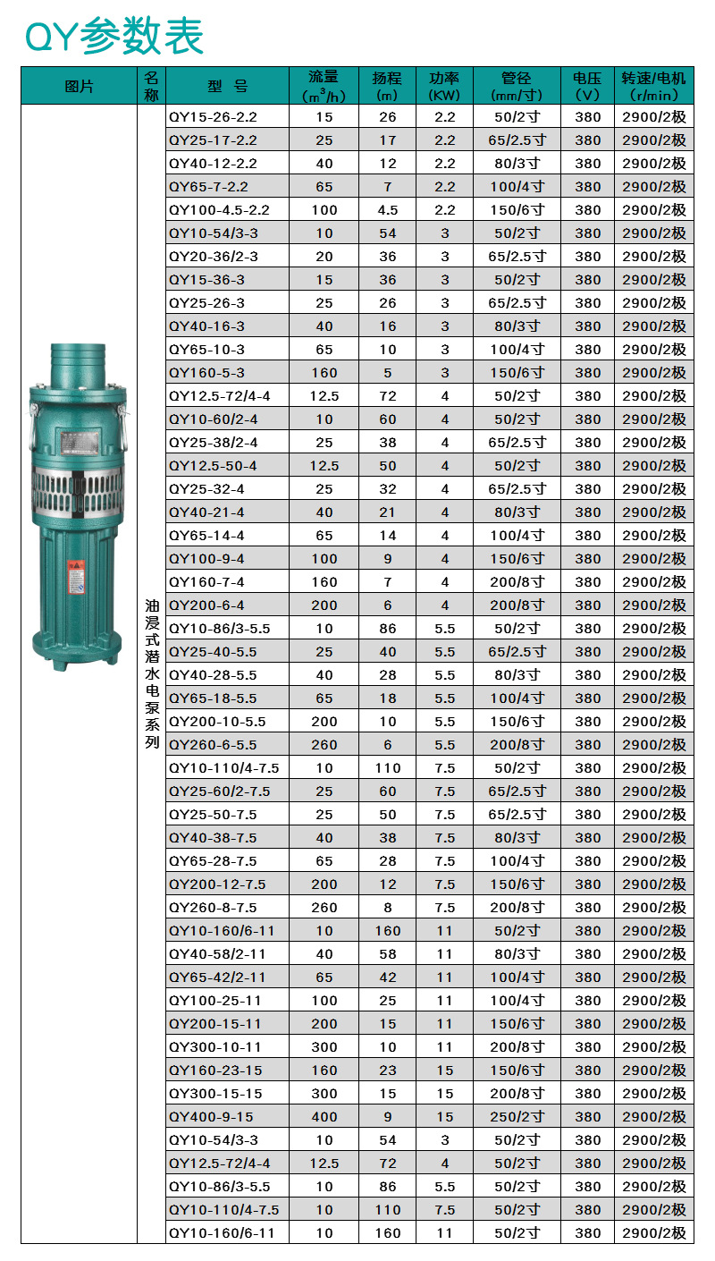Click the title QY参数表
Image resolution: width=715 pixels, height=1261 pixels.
[114, 36]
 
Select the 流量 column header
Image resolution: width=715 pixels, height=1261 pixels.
[324, 86]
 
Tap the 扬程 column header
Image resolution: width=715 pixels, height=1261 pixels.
[387, 86]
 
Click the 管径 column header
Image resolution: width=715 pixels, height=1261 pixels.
[517, 86]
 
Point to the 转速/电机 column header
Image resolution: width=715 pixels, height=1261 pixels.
[653, 86]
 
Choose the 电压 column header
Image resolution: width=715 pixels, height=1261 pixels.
[587, 86]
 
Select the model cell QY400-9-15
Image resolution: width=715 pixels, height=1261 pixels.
[211, 1117]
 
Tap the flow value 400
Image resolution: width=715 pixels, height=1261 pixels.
[324, 1117]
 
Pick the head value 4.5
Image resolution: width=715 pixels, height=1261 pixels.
[387, 210]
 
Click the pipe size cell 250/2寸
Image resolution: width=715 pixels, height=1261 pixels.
[517, 1117]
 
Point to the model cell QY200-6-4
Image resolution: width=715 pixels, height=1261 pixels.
[206, 605]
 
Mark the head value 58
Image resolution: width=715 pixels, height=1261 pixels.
[387, 954]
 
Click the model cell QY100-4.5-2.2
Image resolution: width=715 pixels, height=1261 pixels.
[219, 210]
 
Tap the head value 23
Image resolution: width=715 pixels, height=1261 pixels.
[387, 1071]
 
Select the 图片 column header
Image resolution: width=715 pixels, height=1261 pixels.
[79, 86]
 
